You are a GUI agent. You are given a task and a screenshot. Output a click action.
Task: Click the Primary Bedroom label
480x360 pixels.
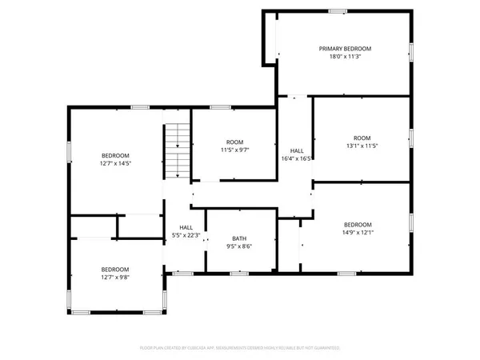click(x=345, y=49)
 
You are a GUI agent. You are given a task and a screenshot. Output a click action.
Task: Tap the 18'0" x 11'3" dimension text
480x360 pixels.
click(x=345, y=57)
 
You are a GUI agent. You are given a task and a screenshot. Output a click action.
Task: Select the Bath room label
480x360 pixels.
click(x=239, y=238)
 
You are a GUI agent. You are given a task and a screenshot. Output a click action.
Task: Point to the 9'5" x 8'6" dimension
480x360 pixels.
click(x=239, y=246)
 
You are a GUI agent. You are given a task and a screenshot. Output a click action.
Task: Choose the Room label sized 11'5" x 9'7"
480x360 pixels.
click(x=234, y=142)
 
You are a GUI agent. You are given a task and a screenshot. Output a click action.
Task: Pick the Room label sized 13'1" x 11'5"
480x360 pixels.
click(x=362, y=138)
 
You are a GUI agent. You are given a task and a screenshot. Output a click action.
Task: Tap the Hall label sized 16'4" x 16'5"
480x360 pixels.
click(x=296, y=150)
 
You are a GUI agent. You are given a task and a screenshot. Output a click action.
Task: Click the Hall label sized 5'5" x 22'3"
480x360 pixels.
click(x=186, y=227)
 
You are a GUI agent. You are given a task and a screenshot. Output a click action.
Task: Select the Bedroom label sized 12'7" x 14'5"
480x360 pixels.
click(x=115, y=155)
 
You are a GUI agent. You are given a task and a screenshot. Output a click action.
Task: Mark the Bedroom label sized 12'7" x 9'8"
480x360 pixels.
click(x=115, y=270)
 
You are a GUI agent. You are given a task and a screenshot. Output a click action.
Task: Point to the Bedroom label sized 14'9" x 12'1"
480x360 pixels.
click(x=358, y=225)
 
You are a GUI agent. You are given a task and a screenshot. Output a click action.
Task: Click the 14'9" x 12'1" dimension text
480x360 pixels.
click(x=358, y=233)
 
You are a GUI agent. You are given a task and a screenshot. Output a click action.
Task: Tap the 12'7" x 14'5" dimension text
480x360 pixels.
click(x=115, y=163)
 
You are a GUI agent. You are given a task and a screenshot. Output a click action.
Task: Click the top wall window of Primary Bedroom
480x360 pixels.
click(x=338, y=10)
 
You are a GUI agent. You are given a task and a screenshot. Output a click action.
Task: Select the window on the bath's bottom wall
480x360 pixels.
click(x=239, y=274)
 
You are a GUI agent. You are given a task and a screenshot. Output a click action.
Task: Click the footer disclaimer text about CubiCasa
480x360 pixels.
click(x=240, y=348)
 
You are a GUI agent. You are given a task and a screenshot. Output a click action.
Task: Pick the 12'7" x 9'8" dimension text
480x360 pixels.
click(x=115, y=278)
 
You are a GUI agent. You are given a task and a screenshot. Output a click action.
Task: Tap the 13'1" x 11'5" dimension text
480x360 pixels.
click(x=362, y=146)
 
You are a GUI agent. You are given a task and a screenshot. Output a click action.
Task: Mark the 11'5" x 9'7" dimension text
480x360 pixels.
click(x=234, y=150)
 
